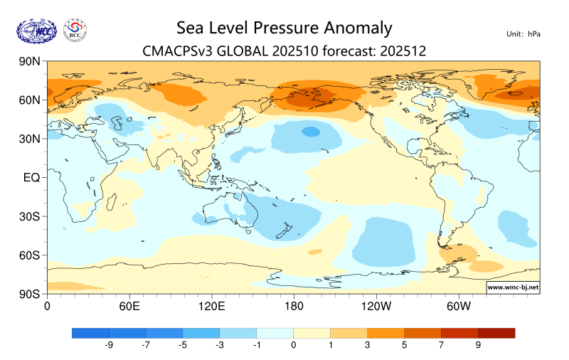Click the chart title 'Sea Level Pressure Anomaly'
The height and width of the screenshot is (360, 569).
[x=284, y=28]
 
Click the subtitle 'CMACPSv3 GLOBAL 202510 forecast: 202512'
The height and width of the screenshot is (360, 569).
[x=284, y=51]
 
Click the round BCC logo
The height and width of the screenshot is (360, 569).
[x=75, y=30]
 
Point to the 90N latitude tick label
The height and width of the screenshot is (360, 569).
[x=28, y=62]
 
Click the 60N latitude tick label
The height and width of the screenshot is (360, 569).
[x=28, y=100]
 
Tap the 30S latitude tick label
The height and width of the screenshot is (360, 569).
[x=29, y=216]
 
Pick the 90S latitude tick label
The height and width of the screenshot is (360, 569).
[x=29, y=293]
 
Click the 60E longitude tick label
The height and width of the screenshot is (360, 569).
[x=129, y=307]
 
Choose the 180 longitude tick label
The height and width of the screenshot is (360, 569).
[x=293, y=307]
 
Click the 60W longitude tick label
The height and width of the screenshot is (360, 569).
[x=459, y=307]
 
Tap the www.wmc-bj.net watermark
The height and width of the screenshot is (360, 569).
[x=512, y=287]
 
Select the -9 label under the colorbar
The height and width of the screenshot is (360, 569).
[x=109, y=345]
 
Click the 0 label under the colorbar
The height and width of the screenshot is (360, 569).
[x=293, y=345]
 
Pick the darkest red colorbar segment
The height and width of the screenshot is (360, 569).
[x=496, y=332]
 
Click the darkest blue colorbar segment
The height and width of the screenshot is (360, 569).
[x=90, y=332]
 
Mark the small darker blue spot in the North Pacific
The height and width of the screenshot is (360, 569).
[x=311, y=131]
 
